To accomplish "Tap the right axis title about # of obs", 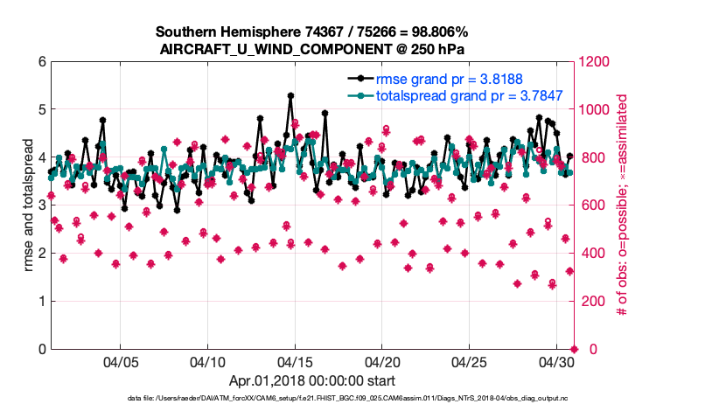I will click(624, 205).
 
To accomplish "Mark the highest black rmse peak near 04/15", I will click(290, 96).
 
